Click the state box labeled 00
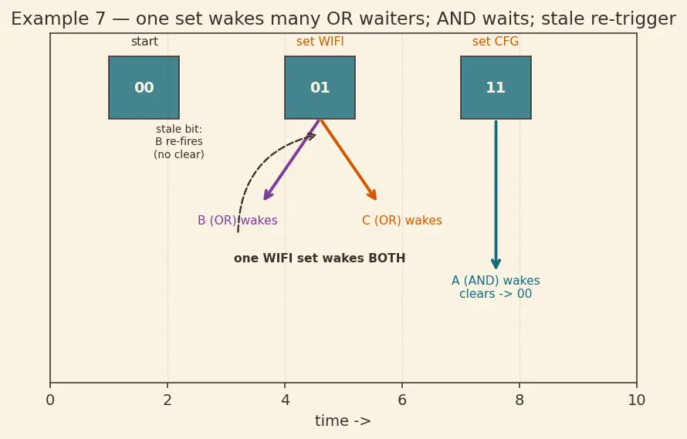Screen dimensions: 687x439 [144, 88]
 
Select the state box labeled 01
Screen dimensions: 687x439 [320, 88]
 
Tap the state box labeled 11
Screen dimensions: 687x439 [496, 88]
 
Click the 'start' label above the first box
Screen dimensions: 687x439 [144, 42]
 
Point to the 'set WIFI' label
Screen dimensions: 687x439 [320, 42]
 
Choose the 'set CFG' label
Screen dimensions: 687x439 [496, 42]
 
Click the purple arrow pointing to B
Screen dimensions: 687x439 [292, 160]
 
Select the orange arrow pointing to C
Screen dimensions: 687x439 [348, 160]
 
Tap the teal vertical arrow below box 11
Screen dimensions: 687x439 [496, 194]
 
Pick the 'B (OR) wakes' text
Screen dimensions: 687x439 [238, 221]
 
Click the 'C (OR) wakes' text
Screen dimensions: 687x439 [402, 221]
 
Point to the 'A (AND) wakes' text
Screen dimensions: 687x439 [496, 281]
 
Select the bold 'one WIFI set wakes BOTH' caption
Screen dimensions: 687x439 [320, 258]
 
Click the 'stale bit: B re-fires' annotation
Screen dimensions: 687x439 [179, 135]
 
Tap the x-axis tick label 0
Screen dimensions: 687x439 [50, 400]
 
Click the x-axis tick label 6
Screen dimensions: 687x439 [402, 400]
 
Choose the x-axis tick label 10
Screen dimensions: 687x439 [637, 400]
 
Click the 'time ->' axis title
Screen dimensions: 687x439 [343, 421]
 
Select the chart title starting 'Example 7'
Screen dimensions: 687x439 [343, 19]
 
